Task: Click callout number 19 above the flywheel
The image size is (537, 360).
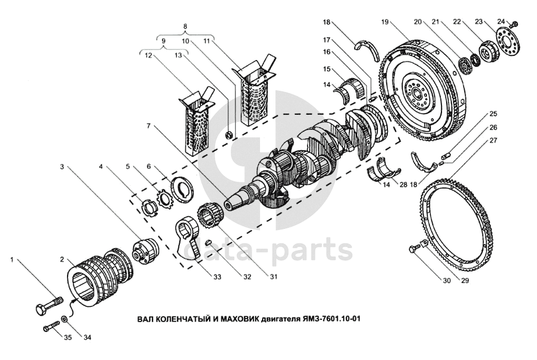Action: click(385, 22)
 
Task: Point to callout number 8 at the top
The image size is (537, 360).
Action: click(185, 27)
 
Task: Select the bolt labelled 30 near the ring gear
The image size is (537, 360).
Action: click(414, 250)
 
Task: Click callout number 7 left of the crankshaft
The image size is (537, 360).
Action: click(149, 125)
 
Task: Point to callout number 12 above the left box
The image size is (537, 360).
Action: click(147, 56)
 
